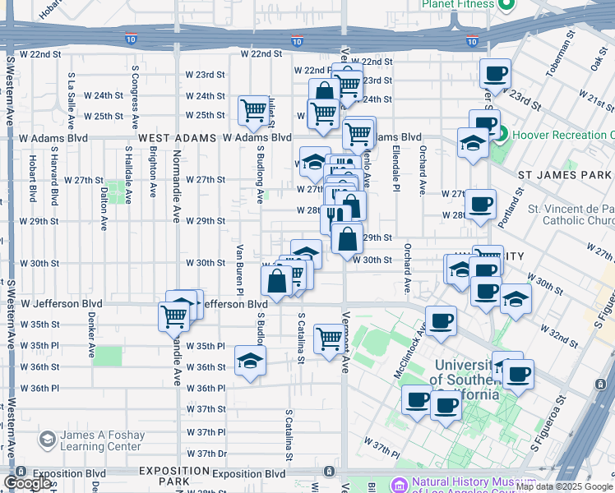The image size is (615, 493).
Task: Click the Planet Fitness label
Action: [x=458, y=4]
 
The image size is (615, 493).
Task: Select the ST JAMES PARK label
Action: [x=566, y=175]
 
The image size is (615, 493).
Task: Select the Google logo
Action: [x=28, y=483]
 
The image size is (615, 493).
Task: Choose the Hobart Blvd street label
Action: [x=33, y=179]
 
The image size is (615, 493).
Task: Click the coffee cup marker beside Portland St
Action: [x=480, y=204]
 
